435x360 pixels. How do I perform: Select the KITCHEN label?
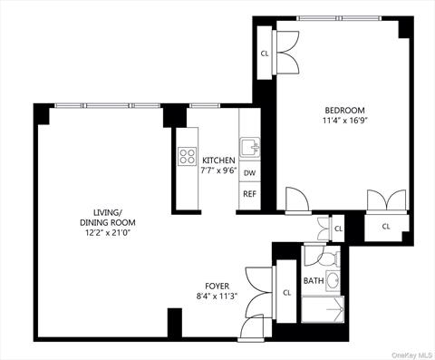(x=218, y=161)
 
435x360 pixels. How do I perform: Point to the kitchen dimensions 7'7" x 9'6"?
(x=218, y=170)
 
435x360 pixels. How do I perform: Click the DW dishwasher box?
(x=249, y=172)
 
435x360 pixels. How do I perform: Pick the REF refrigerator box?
(x=249, y=193)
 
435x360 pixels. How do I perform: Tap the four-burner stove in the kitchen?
(x=188, y=156)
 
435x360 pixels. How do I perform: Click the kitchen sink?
(x=249, y=146)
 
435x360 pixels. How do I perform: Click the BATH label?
(x=313, y=280)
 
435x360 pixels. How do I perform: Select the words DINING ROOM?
(x=108, y=222)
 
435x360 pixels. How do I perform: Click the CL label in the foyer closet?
(x=286, y=292)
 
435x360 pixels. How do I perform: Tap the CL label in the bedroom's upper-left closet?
(x=265, y=54)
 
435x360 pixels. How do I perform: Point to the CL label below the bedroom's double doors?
(x=385, y=226)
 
